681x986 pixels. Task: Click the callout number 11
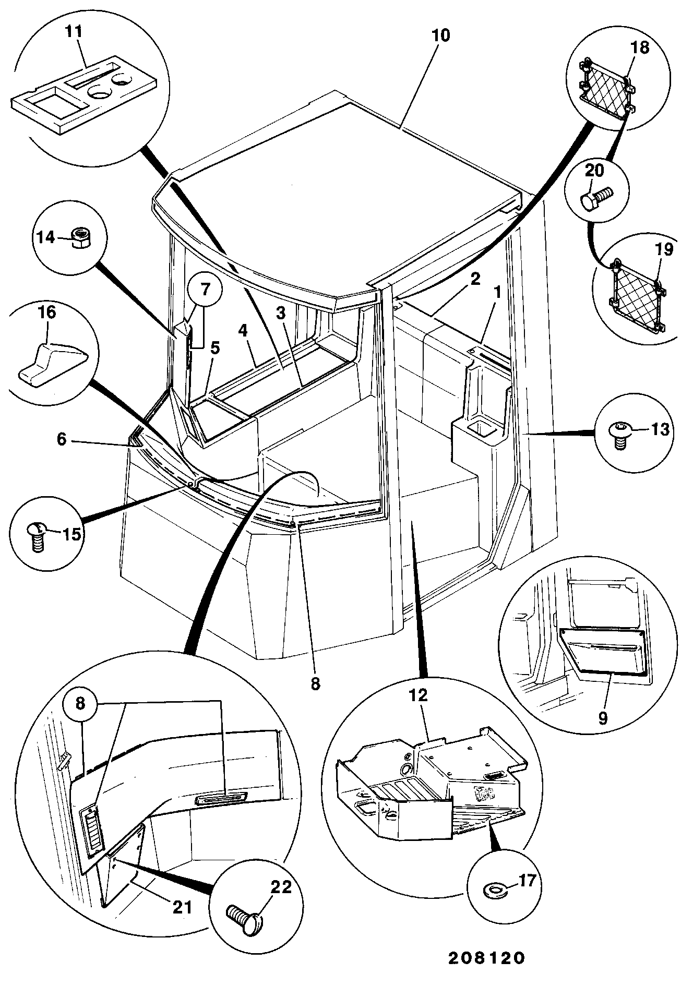pos(74,31)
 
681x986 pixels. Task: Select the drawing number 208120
pos(485,958)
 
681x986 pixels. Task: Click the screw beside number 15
pos(35,536)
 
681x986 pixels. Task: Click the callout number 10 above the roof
pos(440,35)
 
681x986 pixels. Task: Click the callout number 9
pos(603,718)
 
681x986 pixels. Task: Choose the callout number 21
pos(183,907)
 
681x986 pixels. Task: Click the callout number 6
pos(62,440)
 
